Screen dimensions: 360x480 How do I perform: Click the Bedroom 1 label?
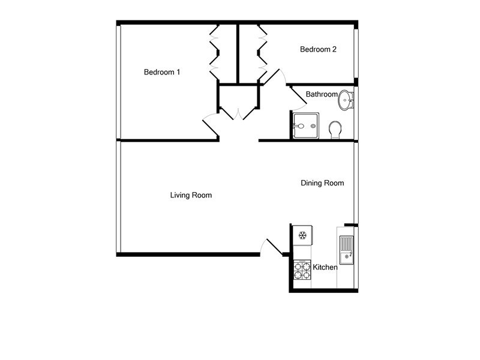162,73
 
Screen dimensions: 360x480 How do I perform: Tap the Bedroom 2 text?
318,50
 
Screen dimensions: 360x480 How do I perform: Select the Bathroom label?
322,94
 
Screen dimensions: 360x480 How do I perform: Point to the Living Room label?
191,195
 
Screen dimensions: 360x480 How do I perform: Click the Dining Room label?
322,183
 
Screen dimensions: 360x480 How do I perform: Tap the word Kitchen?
325,267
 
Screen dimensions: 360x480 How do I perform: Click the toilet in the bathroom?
335,129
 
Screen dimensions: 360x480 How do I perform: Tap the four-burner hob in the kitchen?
302,271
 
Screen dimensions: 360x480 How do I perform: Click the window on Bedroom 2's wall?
356,52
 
